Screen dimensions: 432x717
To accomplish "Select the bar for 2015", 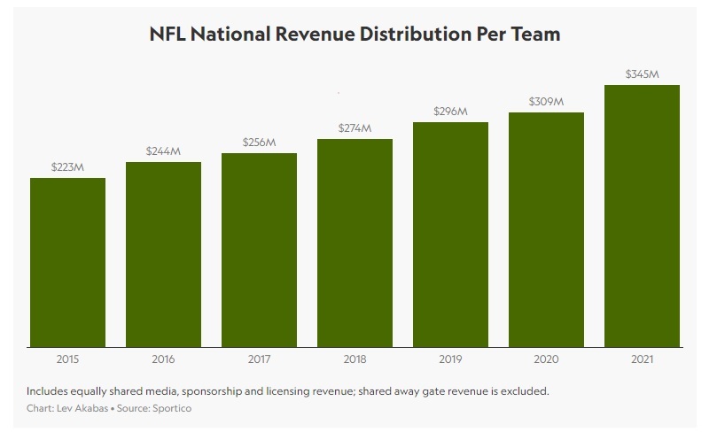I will [x=68, y=263].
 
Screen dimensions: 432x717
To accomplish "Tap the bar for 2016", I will [x=164, y=255].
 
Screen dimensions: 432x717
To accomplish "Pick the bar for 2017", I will [x=260, y=251].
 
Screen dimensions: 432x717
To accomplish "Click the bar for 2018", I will [x=355, y=243].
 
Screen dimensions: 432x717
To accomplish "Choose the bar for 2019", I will [x=450, y=235].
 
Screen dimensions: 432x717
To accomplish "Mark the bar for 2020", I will [x=546, y=230].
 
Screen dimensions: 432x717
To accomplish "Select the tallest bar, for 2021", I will [x=642, y=216].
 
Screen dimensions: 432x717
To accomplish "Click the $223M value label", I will [x=68, y=167].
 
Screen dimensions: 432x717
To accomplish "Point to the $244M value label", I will [x=164, y=151].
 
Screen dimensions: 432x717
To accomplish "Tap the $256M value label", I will [x=260, y=143].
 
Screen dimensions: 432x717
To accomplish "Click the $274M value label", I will [x=355, y=128].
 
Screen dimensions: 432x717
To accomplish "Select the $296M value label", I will [x=450, y=112].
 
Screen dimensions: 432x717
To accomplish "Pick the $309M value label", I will [x=546, y=102].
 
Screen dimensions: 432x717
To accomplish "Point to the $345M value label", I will [x=642, y=74].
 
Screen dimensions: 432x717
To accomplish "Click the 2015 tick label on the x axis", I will [x=68, y=359].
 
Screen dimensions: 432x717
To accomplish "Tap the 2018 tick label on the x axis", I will [x=355, y=359].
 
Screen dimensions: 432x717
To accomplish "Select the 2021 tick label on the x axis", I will [x=642, y=359].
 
